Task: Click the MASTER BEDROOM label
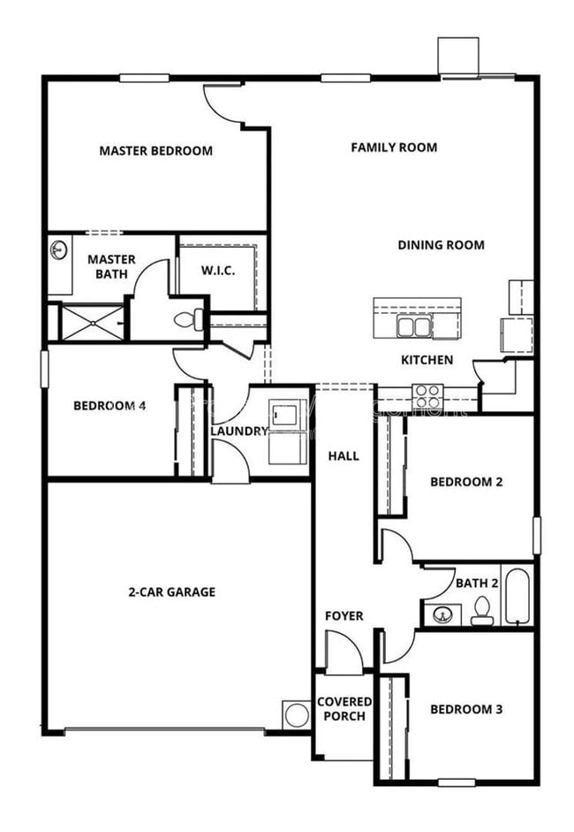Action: pos(155,151)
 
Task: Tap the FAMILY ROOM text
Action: pos(394,148)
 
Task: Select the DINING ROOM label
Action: pos(441,245)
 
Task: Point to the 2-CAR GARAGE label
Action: pos(171,592)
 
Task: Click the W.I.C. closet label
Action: pos(218,271)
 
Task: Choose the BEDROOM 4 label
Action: pos(110,406)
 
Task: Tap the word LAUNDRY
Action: pos(238,431)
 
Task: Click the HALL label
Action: pos(344,456)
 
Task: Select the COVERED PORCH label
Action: pos(344,709)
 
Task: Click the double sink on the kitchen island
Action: pos(412,327)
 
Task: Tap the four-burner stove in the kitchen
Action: pos(428,393)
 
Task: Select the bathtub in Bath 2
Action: pos(516,597)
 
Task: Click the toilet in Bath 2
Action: pos(482,611)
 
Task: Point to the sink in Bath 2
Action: pos(442,613)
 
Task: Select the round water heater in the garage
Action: pos(295,714)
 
